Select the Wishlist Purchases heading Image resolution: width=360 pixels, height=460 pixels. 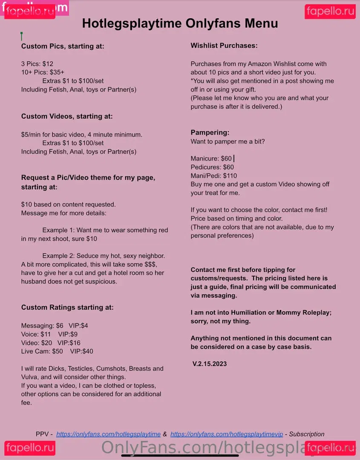coord(224,46)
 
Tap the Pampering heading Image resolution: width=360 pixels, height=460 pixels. coord(210,132)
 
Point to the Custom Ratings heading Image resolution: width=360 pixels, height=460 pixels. coord(67,307)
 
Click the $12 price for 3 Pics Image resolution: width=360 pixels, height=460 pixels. coord(48,64)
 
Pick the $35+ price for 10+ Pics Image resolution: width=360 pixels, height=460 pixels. coord(57,72)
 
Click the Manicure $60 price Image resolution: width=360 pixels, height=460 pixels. coord(226,158)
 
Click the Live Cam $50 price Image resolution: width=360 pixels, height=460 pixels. coord(57,351)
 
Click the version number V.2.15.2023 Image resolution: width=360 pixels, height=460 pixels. coord(210,364)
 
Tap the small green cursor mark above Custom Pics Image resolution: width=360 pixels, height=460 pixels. coord(21,36)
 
